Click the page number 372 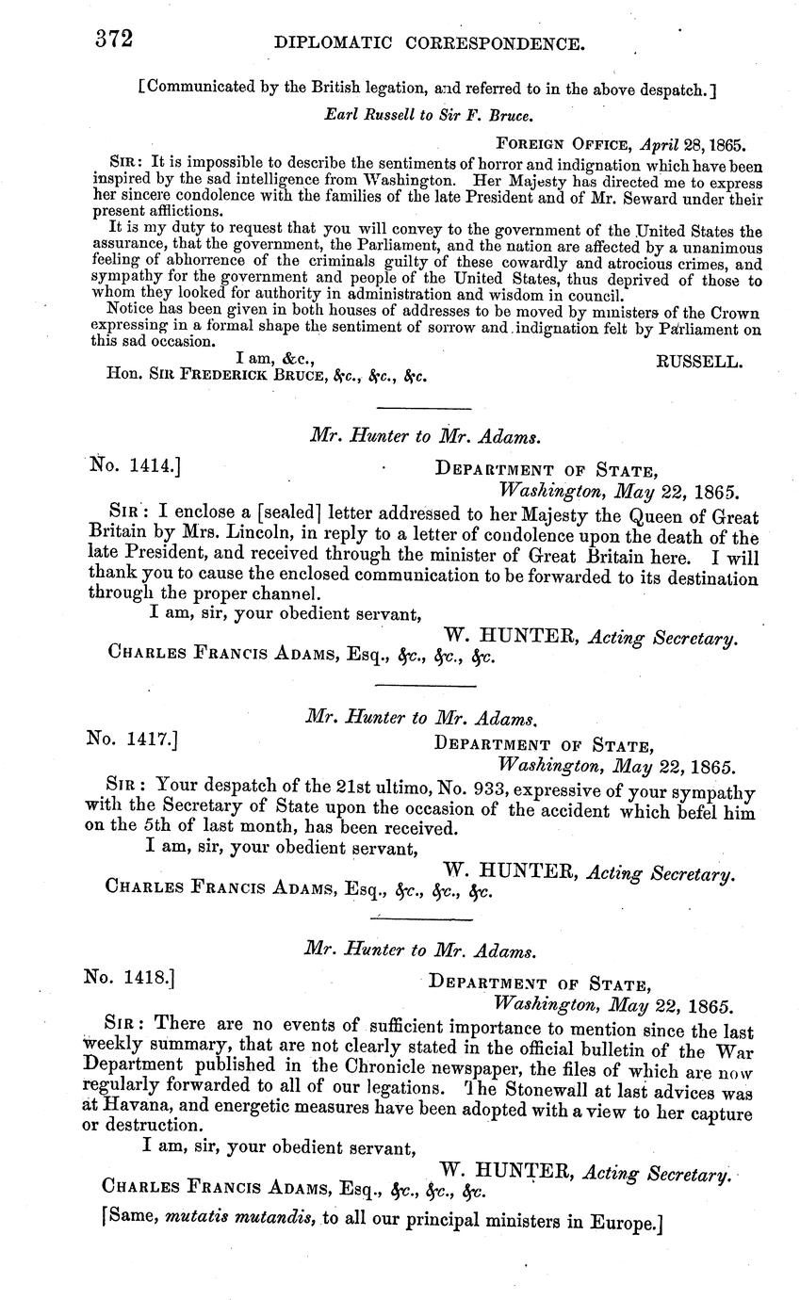[113, 40]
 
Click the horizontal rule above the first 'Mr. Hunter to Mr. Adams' [423, 408]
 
